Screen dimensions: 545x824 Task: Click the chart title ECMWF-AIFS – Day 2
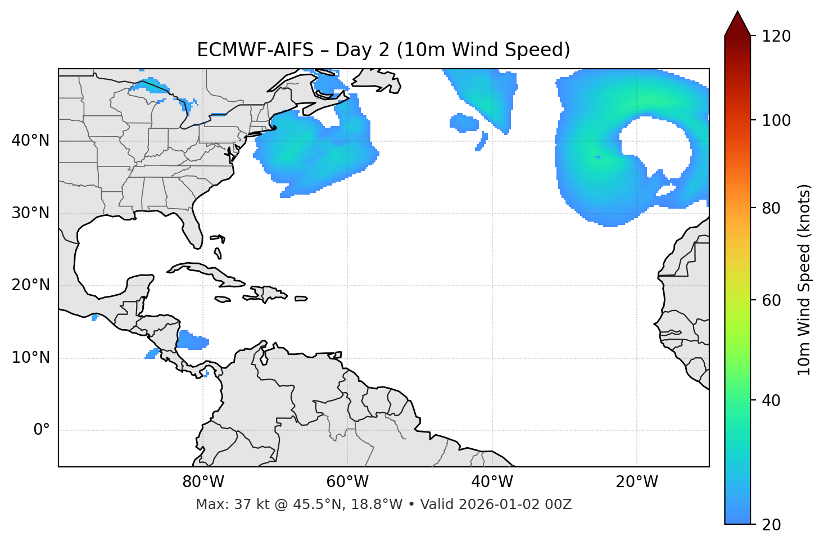pyautogui.click(x=383, y=50)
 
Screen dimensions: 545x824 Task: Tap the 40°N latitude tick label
pyautogui.click(x=30, y=141)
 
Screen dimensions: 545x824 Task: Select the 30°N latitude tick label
pyautogui.click(x=30, y=213)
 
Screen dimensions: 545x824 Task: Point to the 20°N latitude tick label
pyautogui.click(x=30, y=285)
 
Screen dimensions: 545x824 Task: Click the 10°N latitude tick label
pyautogui.click(x=30, y=358)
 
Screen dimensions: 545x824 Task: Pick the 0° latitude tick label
pyautogui.click(x=42, y=430)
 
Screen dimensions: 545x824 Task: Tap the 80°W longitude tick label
pyautogui.click(x=203, y=482)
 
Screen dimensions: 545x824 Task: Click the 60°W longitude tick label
pyautogui.click(x=347, y=482)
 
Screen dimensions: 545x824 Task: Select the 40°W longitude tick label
pyautogui.click(x=492, y=482)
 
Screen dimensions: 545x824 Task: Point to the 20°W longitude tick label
pyautogui.click(x=637, y=482)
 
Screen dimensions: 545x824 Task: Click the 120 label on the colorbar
pyautogui.click(x=777, y=37)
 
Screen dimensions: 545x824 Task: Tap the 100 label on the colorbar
pyautogui.click(x=777, y=120)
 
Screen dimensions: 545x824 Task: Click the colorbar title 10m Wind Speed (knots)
pyautogui.click(x=804, y=280)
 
